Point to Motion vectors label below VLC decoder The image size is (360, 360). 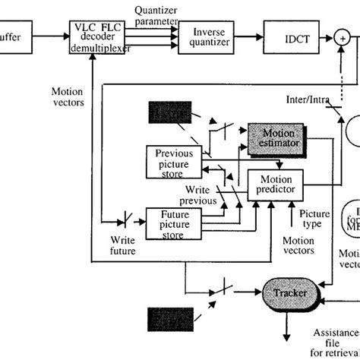coord(69,96)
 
